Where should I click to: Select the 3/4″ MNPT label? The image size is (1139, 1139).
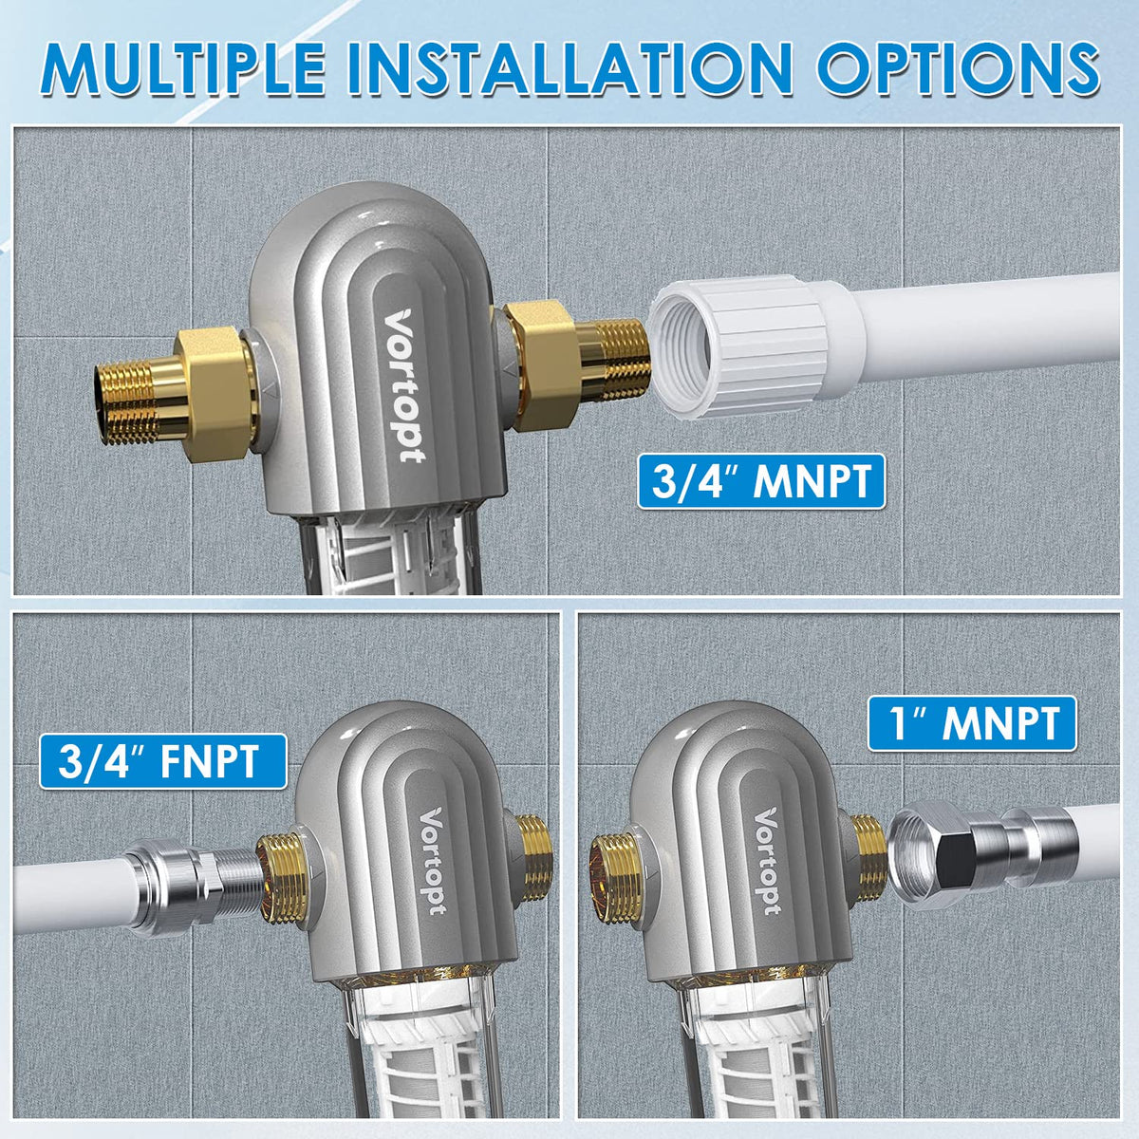point(760,481)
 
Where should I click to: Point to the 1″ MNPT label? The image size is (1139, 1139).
point(973,723)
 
